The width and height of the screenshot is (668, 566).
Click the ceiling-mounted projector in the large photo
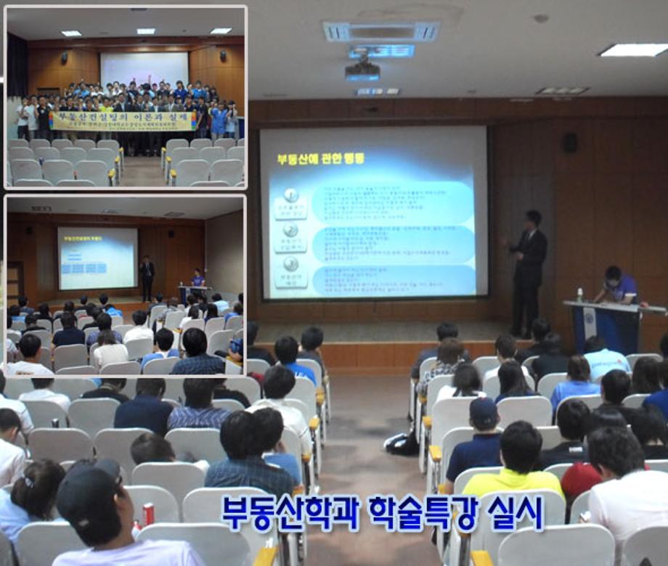[x=362, y=70]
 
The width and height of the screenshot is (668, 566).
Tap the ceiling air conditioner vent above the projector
[x=380, y=31]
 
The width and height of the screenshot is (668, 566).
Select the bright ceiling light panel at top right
[x=633, y=49]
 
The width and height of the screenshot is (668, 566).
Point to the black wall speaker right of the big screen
[x=570, y=142]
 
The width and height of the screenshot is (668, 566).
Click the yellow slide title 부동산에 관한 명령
[x=320, y=158]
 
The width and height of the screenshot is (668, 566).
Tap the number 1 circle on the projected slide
[x=290, y=194]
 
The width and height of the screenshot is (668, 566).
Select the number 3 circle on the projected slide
[x=290, y=263]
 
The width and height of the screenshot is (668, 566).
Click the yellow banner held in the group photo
[x=123, y=120]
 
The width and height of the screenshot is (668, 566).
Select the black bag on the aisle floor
[x=402, y=442]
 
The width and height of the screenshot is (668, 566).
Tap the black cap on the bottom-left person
[x=87, y=490]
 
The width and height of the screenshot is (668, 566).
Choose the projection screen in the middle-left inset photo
[x=97, y=258]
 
